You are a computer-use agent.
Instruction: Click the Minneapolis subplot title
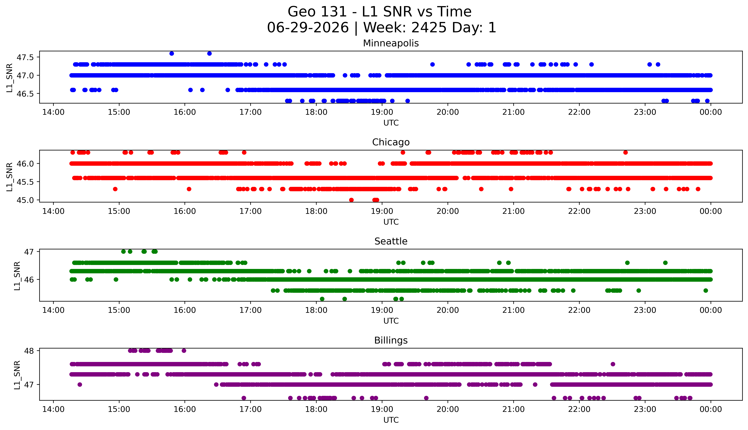pyautogui.click(x=391, y=43)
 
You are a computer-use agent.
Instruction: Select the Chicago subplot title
pyautogui.click(x=391, y=142)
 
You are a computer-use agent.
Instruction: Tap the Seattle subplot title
pyautogui.click(x=391, y=241)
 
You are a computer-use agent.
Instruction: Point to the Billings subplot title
pyautogui.click(x=391, y=341)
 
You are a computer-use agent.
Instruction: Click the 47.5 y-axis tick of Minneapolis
pyautogui.click(x=25, y=57)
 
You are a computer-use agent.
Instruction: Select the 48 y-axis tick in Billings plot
pyautogui.click(x=29, y=351)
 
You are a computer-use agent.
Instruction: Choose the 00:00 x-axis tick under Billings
pyautogui.click(x=711, y=409)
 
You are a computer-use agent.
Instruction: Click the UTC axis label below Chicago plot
pyautogui.click(x=391, y=222)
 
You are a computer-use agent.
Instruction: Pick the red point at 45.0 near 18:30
pyautogui.click(x=351, y=200)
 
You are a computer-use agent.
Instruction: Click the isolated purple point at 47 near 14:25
pyautogui.click(x=80, y=384)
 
